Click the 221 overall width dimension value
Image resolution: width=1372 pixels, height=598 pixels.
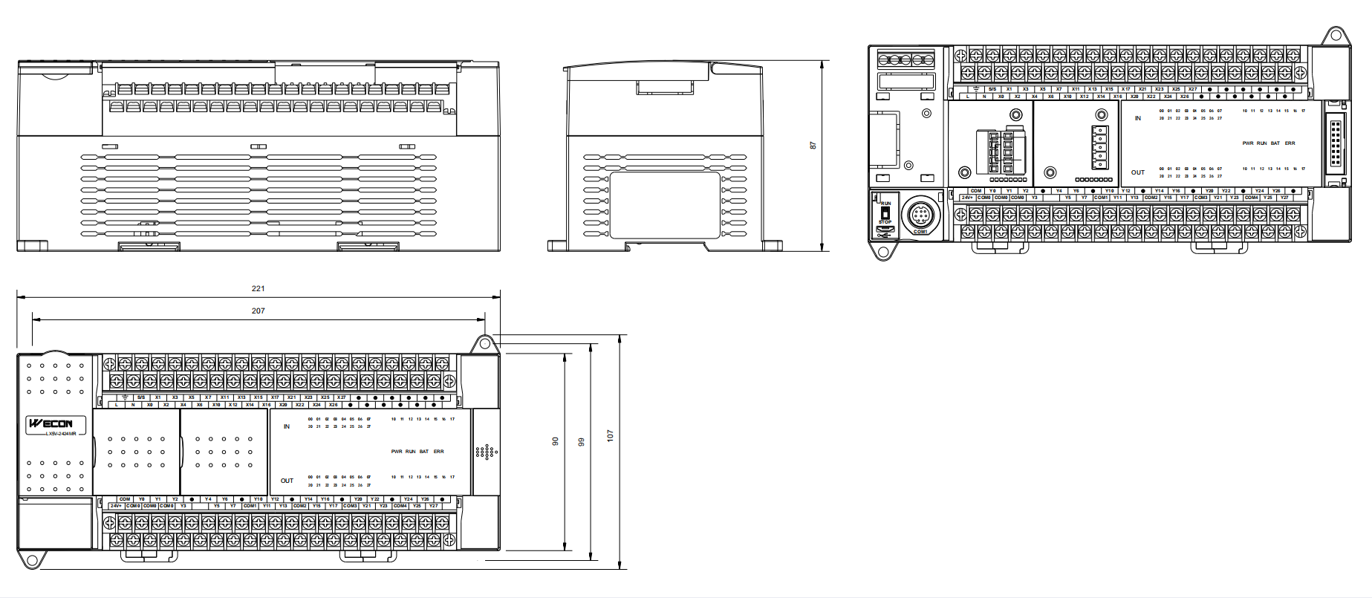click(258, 288)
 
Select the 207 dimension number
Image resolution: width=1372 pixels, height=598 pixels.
click(258, 311)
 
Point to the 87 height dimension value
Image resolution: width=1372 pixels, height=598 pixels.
click(813, 146)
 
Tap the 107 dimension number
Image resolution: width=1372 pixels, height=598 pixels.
click(611, 436)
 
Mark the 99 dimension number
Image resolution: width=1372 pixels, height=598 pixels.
click(582, 442)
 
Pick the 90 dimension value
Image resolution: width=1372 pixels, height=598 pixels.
click(555, 441)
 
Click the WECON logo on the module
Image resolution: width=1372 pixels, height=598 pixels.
click(51, 423)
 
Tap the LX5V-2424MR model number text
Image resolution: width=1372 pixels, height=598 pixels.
click(61, 433)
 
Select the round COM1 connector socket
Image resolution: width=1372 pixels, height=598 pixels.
click(920, 216)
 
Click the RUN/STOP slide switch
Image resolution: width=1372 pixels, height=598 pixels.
click(885, 211)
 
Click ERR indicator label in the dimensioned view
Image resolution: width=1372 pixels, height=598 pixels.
click(439, 452)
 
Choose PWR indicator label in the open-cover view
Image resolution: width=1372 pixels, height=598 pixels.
click(1247, 143)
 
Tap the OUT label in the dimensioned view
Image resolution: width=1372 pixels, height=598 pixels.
click(287, 481)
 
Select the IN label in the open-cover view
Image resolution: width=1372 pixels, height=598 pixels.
click(1137, 118)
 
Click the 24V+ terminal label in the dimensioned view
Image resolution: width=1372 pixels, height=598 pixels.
click(116, 506)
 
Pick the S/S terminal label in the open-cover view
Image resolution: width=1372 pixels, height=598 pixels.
click(992, 89)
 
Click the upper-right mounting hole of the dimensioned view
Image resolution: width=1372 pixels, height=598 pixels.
click(485, 343)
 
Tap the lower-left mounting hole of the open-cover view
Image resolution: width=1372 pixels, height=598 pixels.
click(883, 251)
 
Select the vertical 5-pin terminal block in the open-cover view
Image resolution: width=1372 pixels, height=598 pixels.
click(1099, 148)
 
